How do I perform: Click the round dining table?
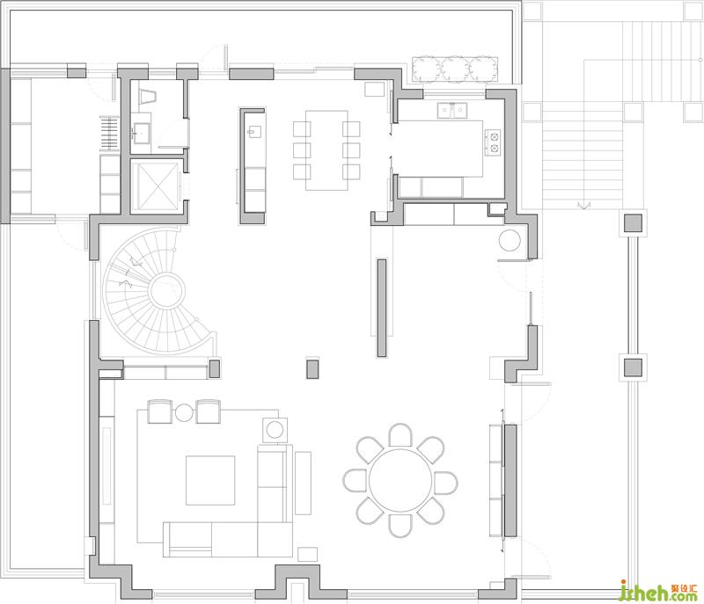(400, 480)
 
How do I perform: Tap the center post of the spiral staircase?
(166, 291)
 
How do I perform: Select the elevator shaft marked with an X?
(155, 186)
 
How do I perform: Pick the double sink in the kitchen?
(452, 110)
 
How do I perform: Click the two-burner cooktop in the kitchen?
(493, 142)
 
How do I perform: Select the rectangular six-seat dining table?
(326, 150)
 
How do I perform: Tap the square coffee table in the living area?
(210, 480)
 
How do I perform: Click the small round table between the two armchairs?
(184, 413)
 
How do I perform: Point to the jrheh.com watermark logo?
(658, 591)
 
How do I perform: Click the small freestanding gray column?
(312, 368)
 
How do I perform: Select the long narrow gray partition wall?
(382, 308)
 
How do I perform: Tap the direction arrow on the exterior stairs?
(583, 205)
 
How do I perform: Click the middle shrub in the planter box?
(455, 69)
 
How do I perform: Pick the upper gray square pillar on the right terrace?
(633, 222)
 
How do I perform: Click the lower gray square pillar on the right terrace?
(633, 367)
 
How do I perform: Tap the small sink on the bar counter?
(254, 131)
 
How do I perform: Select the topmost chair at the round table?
(400, 435)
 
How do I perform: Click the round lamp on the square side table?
(275, 430)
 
